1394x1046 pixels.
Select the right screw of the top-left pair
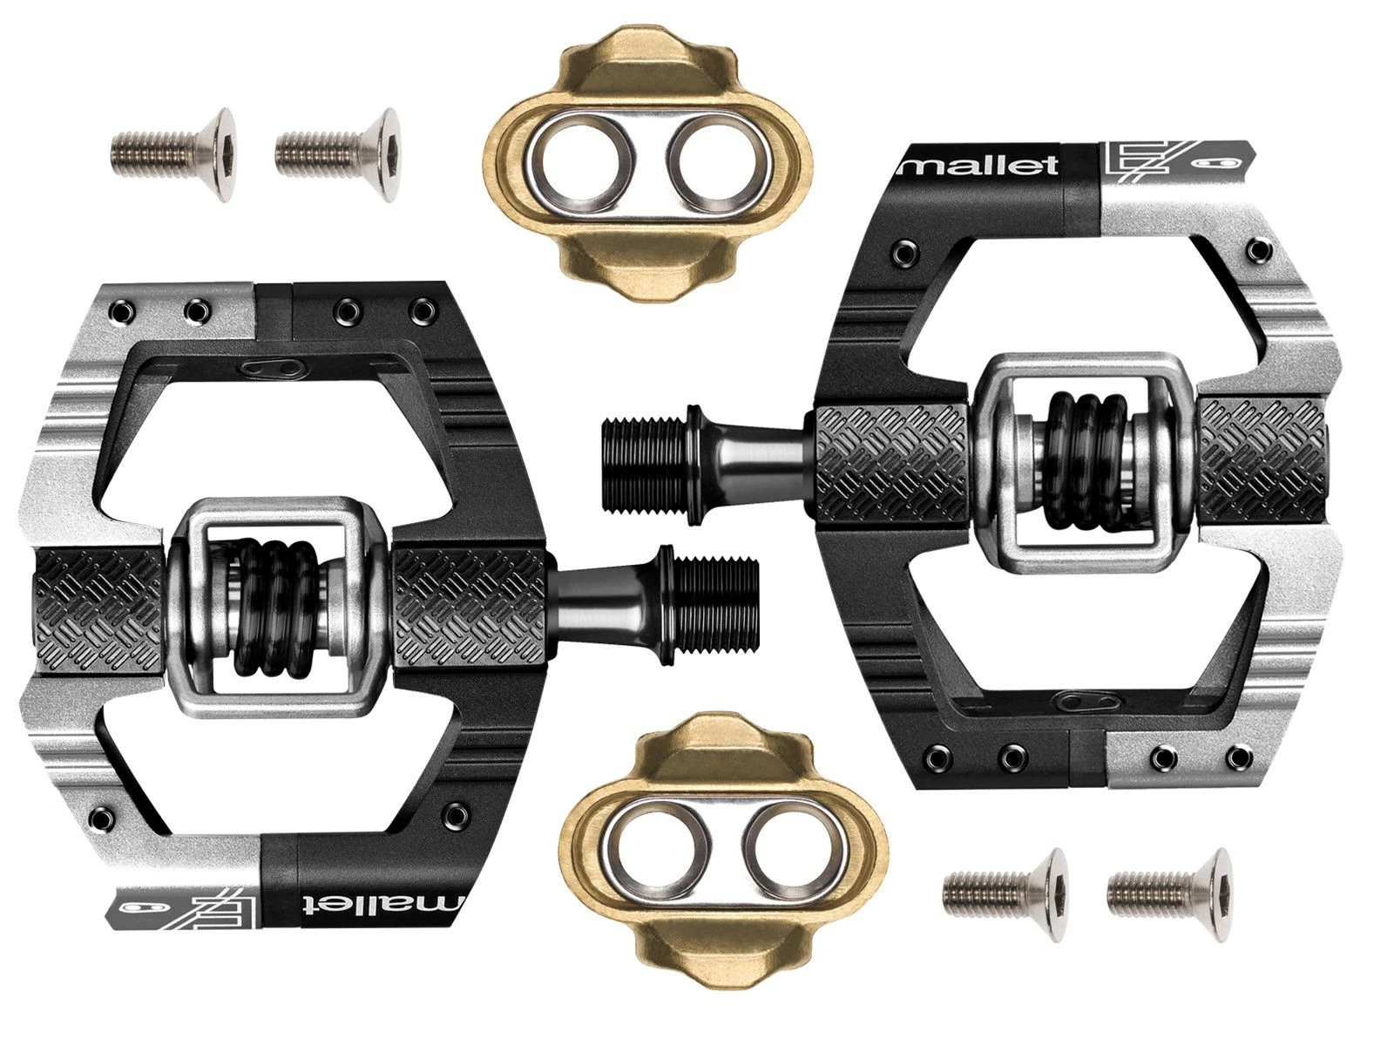tap(336, 153)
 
